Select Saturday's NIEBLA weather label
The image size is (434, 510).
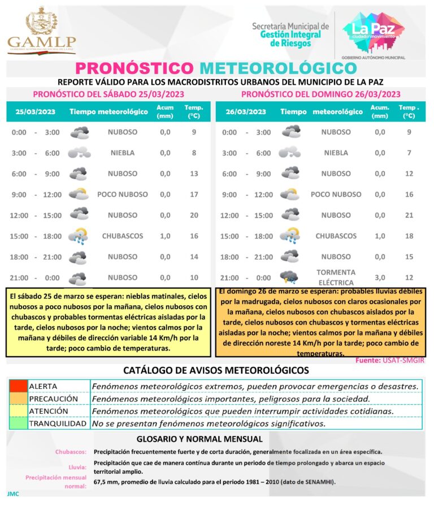[x=123, y=153]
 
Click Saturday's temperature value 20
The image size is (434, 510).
[x=194, y=215]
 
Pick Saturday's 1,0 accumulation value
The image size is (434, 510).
[x=165, y=236]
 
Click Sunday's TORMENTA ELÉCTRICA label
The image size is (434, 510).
[x=336, y=277]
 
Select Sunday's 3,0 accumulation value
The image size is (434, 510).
[x=380, y=277]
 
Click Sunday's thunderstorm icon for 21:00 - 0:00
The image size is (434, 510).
[x=290, y=277]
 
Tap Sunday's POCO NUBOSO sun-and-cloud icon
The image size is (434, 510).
[x=290, y=195]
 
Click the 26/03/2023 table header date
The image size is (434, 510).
[x=246, y=111]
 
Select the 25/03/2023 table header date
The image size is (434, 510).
[x=35, y=111]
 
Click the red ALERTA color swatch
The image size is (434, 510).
[x=18, y=386]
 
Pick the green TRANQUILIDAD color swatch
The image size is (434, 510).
[x=18, y=423]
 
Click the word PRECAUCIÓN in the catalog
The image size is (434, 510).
[x=53, y=399]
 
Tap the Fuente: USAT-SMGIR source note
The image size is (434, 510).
[x=389, y=360]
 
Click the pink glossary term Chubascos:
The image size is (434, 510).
[x=71, y=452]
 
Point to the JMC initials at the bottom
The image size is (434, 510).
[x=13, y=494]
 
